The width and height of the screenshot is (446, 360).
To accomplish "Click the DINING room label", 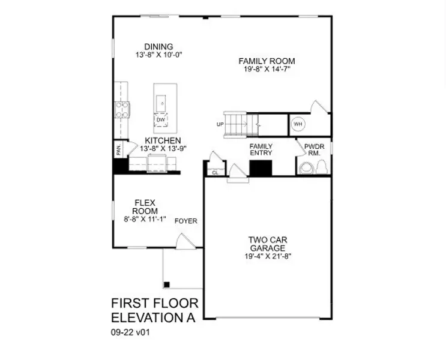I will pyautogui.click(x=158, y=47).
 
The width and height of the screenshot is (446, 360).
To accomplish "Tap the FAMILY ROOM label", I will pyautogui.click(x=267, y=61).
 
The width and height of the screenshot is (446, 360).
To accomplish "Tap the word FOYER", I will pyautogui.click(x=185, y=221).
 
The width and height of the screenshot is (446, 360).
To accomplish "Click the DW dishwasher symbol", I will pyautogui.click(x=161, y=120).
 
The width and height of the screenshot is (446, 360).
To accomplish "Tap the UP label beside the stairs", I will pyautogui.click(x=220, y=125).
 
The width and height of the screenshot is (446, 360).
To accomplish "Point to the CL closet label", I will pyautogui.click(x=215, y=173).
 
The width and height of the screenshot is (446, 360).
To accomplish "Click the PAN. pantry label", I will pyautogui.click(x=118, y=149).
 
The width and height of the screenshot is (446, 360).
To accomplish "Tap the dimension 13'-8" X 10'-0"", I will pyautogui.click(x=158, y=55).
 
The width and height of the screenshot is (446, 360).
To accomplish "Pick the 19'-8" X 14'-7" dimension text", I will pyautogui.click(x=267, y=70).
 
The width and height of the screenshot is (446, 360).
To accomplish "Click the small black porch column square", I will pyautogui.click(x=167, y=284).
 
